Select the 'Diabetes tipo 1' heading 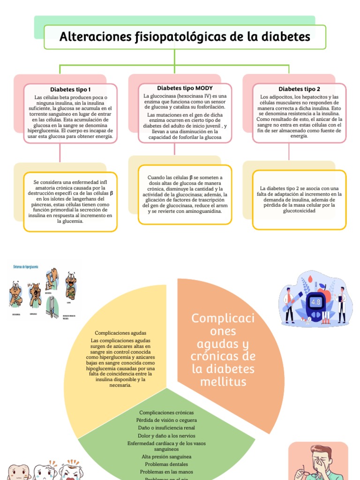tap(70, 89)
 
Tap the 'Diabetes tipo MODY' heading tap(185, 88)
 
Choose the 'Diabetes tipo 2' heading tap(299, 89)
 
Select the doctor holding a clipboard tap(342, 304)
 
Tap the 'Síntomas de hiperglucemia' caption tap(23, 266)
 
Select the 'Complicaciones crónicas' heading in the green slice tap(167, 412)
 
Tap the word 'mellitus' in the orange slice tap(223, 382)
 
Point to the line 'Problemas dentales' tap(166, 464)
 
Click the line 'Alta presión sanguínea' tap(166, 456)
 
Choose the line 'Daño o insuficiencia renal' tap(166, 427)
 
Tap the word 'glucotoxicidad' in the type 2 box tap(299, 211)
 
